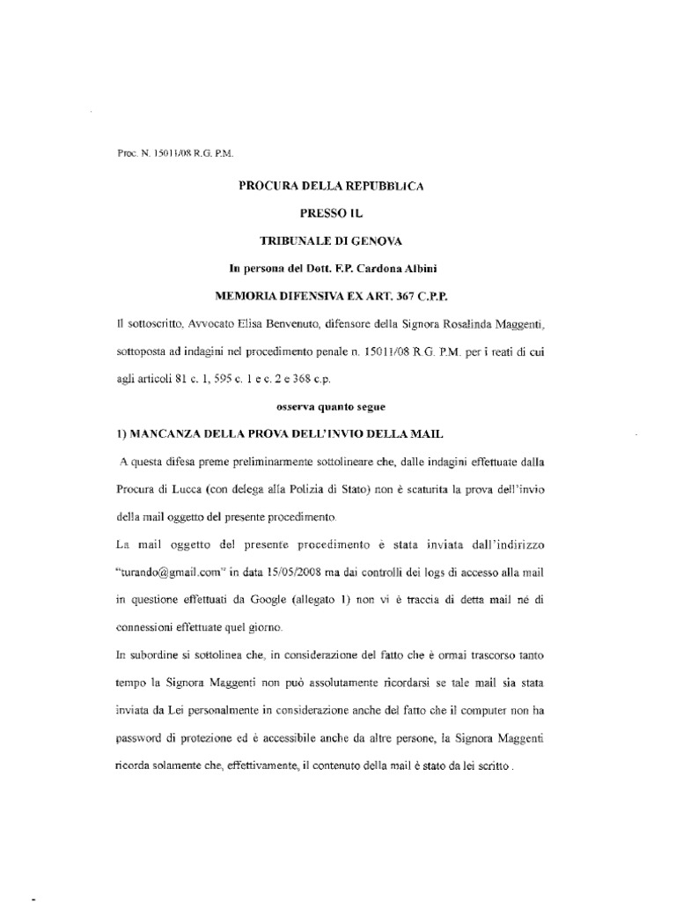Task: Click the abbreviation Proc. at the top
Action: pyautogui.click(x=128, y=152)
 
